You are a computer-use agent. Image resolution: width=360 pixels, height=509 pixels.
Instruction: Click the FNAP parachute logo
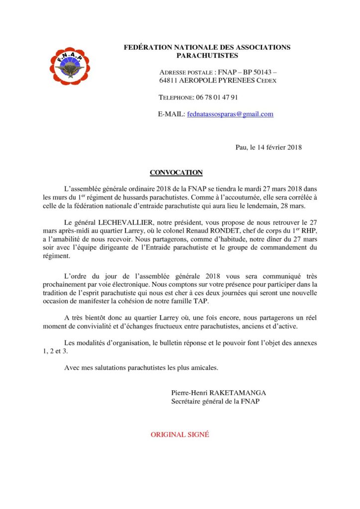pyautogui.click(x=70, y=66)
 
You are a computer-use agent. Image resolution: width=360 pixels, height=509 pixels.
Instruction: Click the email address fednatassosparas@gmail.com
pyautogui.click(x=230, y=114)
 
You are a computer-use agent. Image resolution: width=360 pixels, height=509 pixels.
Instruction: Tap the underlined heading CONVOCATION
pyautogui.click(x=176, y=172)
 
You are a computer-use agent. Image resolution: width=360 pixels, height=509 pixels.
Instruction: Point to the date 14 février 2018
pyautogui.click(x=275, y=147)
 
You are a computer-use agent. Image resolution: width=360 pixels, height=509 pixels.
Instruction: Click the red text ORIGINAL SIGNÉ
pyautogui.click(x=180, y=434)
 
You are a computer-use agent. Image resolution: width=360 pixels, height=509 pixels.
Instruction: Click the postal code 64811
pyautogui.click(x=168, y=81)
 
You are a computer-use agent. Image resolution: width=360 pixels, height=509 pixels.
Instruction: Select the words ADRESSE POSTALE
pyautogui.click(x=187, y=73)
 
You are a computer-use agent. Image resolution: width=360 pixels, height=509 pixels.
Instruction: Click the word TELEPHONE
pyautogui.click(x=176, y=97)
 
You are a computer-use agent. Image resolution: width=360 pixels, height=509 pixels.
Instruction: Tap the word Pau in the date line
pyautogui.click(x=241, y=147)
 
